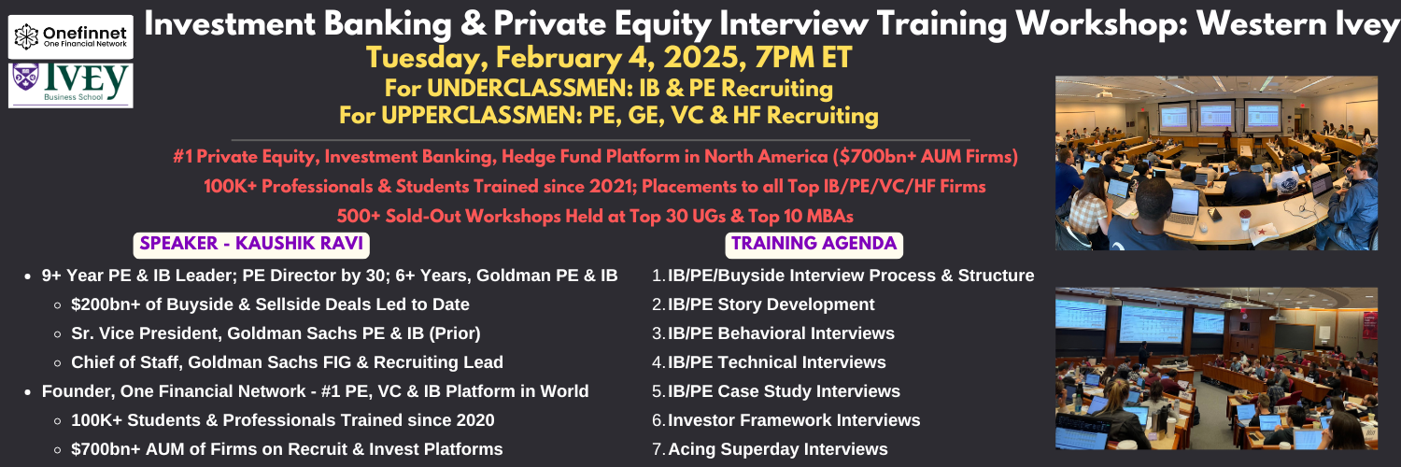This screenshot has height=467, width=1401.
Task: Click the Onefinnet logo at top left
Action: pyautogui.click(x=71, y=36)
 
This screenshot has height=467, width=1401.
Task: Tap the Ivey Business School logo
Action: pyautogui.click(x=71, y=84)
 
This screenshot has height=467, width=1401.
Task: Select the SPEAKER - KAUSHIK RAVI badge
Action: pyautogui.click(x=251, y=244)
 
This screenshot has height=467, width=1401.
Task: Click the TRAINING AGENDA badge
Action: pyautogui.click(x=814, y=244)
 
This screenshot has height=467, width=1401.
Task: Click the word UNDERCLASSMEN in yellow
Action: pyautogui.click(x=530, y=88)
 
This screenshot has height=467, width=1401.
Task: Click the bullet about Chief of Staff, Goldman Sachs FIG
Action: pyautogui.click(x=287, y=362)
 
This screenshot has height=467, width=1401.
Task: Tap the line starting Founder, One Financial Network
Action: pyautogui.click(x=316, y=390)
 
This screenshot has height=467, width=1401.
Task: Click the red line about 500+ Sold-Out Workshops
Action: pyautogui.click(x=595, y=216)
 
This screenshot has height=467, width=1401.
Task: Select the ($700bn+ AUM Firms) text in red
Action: pyautogui.click(x=925, y=156)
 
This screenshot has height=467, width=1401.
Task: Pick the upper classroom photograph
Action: pyautogui.click(x=1216, y=163)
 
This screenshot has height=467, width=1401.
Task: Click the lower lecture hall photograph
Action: pyautogui.click(x=1216, y=368)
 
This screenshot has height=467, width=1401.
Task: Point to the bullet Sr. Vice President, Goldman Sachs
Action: pyautogui.click(x=276, y=333)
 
